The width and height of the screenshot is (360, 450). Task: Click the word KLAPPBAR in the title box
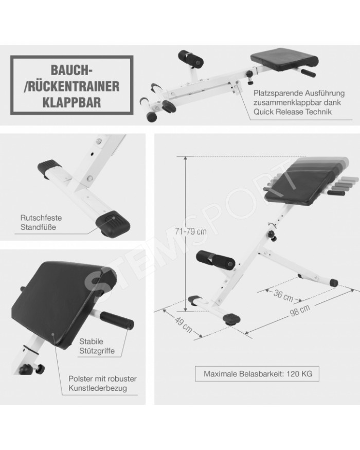coord(72,102)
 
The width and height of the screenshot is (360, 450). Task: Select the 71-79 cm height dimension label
coord(191,231)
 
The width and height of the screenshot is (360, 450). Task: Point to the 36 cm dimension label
coord(283,296)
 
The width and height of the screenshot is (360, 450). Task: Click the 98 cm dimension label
coord(300,310)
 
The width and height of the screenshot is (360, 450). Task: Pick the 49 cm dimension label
coord(184,325)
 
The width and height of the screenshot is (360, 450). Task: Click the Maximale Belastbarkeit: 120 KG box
coord(257,374)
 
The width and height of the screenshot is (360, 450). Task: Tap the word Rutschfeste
coord(41,218)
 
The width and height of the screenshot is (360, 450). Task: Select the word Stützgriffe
coord(97,351)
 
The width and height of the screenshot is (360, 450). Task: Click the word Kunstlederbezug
coord(98,388)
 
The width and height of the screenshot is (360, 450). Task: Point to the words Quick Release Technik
coord(292,112)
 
